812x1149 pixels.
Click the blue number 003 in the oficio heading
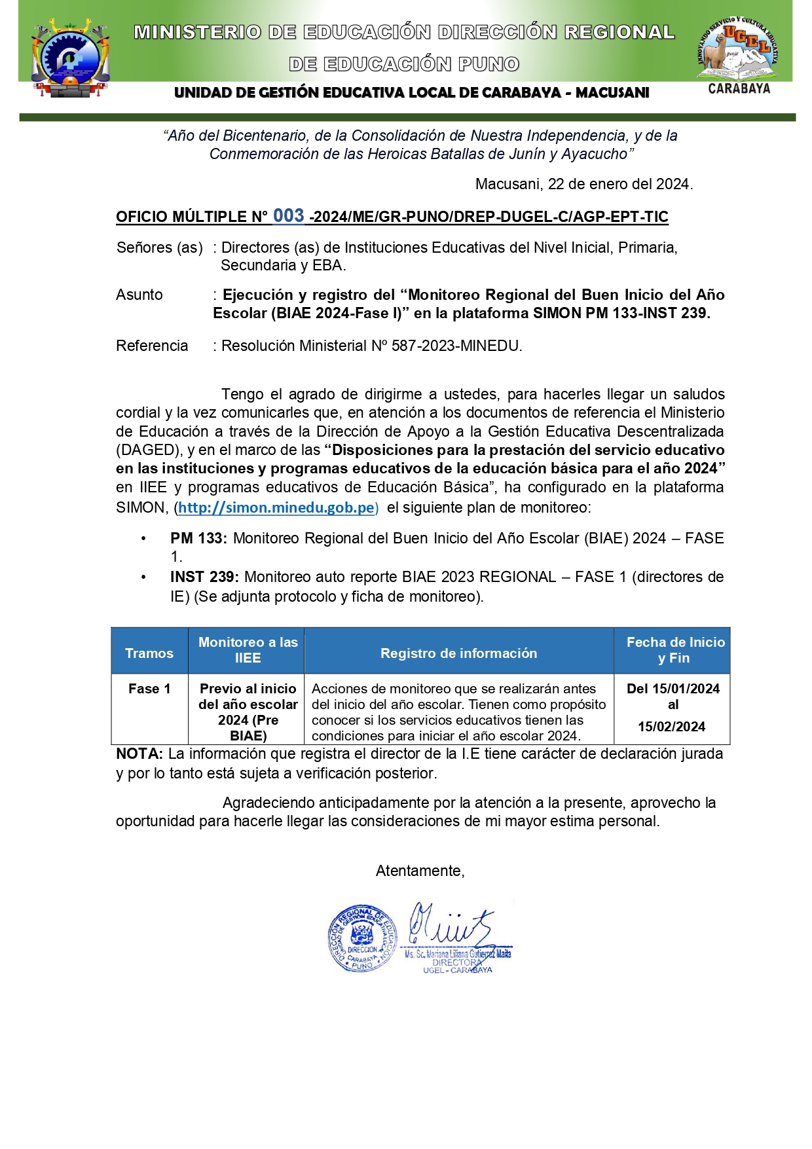[x=288, y=215]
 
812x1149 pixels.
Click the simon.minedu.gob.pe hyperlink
[x=276, y=507]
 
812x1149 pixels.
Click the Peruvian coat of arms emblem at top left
[x=70, y=58]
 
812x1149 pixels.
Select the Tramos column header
[x=149, y=653]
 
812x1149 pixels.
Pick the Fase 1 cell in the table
[x=149, y=689]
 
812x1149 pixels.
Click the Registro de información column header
[x=458, y=653]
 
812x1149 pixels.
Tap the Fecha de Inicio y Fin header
[x=674, y=650]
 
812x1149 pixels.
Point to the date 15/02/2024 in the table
[x=671, y=727]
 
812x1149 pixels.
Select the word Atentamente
[x=420, y=871]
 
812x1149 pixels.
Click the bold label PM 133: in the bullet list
[x=198, y=538]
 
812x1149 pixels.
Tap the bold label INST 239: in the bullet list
[x=204, y=577]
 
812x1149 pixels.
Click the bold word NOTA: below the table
[x=139, y=754]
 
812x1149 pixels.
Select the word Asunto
[x=139, y=295]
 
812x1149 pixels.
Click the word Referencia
[x=152, y=346]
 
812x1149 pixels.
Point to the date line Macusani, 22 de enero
[x=583, y=184]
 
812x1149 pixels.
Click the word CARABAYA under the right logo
[x=739, y=89]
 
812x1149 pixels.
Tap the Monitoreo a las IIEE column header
[x=248, y=650]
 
